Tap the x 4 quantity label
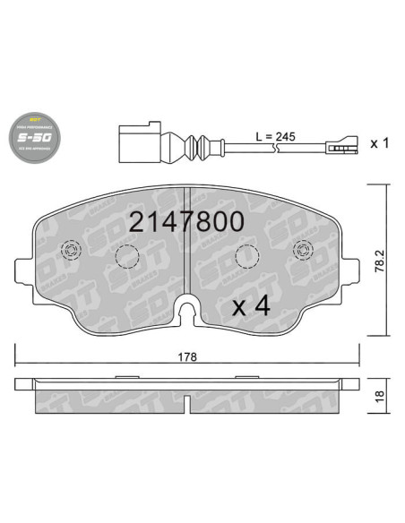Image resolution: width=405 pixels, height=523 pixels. click(x=251, y=306)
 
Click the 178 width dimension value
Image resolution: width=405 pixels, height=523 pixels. click(x=186, y=356)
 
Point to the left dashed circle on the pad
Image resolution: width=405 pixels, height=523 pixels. click(x=127, y=258)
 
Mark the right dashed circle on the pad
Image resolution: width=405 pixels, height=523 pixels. click(x=245, y=258)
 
